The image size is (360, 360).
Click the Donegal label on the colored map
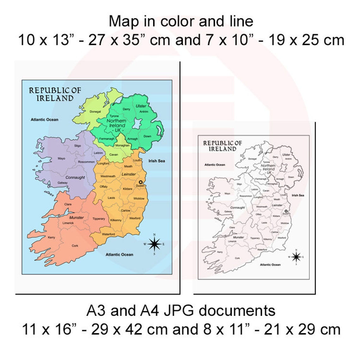click(95, 112)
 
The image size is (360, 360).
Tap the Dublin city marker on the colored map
click(141, 182)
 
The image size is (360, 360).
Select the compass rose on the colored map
click(154, 244)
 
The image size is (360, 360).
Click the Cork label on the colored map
click(75, 246)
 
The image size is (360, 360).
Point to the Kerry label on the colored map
click(51, 237)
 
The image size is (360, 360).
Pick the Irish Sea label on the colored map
click(157, 161)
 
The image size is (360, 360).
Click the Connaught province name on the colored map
click(75, 177)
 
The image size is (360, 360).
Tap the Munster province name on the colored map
click(76, 218)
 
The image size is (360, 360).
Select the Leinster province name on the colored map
click(129, 174)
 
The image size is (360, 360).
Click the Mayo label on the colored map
click(62, 159)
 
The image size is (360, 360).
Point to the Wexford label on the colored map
click(135, 218)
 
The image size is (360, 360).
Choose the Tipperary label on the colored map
click(99, 219)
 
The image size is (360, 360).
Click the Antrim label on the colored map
click(144, 112)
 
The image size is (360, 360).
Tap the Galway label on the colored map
click(63, 183)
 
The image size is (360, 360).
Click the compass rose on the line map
click(296, 257)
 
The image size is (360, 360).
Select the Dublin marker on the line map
click(286, 211)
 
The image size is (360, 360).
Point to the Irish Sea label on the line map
click(298, 195)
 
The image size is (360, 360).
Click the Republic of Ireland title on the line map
click(222, 146)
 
